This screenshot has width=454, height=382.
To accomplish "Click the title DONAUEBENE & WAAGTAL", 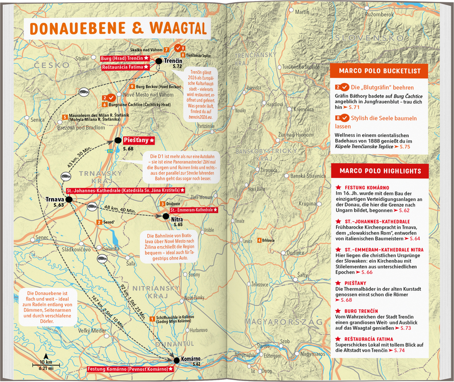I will [x=118, y=28].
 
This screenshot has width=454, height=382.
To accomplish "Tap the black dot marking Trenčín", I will [x=158, y=61].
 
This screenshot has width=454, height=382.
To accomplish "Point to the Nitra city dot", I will [x=166, y=216].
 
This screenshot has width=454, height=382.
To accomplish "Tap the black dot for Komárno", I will [x=177, y=360].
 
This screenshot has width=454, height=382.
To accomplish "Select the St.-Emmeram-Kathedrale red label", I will [x=193, y=209].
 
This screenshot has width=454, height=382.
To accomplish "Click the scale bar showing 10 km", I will [x=45, y=364].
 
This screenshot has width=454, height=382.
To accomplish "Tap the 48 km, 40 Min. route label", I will [x=120, y=209].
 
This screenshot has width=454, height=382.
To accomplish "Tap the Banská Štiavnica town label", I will [x=308, y=176].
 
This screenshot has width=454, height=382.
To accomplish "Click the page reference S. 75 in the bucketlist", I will [x=405, y=146].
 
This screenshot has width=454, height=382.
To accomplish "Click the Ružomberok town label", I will [x=379, y=15].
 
